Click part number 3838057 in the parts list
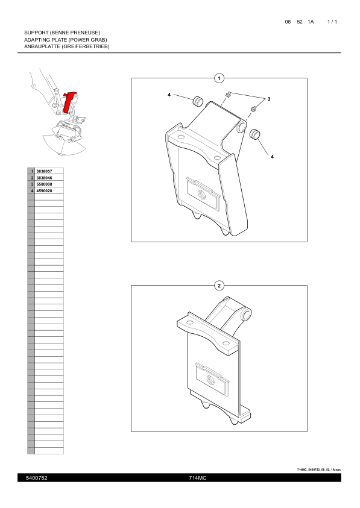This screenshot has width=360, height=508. (44, 171)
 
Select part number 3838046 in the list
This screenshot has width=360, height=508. (44, 178)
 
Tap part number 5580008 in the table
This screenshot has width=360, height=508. (44, 184)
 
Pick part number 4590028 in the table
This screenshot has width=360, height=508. (44, 191)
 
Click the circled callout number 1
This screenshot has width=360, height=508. (219, 78)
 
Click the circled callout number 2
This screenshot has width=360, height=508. (219, 286)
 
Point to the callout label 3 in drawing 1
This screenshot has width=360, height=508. (268, 99)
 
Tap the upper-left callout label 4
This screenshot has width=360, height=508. (169, 95)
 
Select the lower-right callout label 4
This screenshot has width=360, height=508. (272, 157)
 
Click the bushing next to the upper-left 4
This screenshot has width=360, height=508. (198, 101)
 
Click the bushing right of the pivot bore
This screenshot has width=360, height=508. (255, 134)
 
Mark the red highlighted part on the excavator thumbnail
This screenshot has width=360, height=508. (69, 101)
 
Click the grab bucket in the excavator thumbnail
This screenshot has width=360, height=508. (64, 139)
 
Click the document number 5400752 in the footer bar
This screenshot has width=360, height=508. (37, 478)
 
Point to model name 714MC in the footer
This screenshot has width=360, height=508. (198, 478)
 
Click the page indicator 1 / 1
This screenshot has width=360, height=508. (332, 22)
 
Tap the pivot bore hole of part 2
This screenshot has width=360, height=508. (247, 314)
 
